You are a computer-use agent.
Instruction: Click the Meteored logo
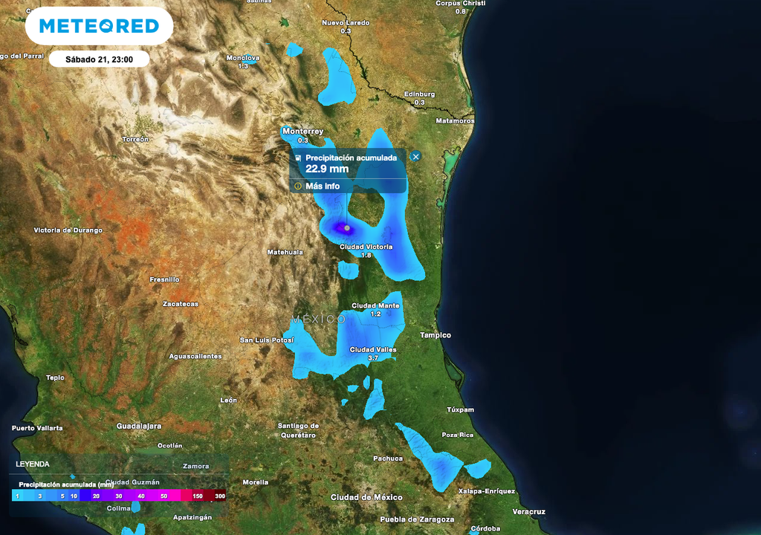point(99,27)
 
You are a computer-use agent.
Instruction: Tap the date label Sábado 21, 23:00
point(99,59)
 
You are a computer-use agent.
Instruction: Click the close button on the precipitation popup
point(415,156)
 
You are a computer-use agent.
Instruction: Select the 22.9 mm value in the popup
point(327,169)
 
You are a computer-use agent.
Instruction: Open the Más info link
point(323,187)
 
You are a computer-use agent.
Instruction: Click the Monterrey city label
point(302,132)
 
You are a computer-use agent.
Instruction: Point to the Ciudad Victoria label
point(366,247)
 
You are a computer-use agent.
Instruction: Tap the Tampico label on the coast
point(435,335)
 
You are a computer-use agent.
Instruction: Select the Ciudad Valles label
point(373,349)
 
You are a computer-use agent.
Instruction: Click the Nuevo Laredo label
point(346,23)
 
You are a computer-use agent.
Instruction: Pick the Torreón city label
point(135,139)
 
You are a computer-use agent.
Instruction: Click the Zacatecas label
point(181,304)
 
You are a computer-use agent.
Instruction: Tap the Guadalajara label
point(139,427)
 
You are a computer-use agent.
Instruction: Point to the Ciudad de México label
point(366,497)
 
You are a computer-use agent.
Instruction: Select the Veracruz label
point(529,512)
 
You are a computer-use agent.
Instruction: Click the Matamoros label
point(455,120)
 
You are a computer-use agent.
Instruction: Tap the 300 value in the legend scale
point(220,496)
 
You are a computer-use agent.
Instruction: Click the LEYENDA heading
point(33,464)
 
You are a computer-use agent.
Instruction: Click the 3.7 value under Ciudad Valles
point(373,358)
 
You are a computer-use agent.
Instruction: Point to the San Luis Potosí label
point(267,340)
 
